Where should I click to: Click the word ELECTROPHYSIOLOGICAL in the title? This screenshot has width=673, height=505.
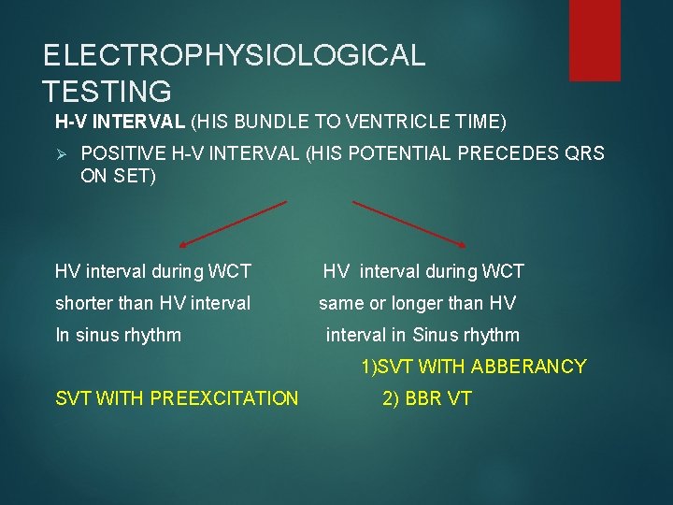(234, 55)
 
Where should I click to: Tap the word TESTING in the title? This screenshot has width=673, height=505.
(107, 92)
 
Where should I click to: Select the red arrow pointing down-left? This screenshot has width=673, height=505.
(232, 224)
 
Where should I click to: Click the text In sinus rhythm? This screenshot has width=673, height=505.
(119, 335)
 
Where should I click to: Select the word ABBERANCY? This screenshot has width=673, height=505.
(528, 367)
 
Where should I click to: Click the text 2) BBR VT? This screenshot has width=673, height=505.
(427, 398)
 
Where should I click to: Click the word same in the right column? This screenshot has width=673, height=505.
(340, 303)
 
